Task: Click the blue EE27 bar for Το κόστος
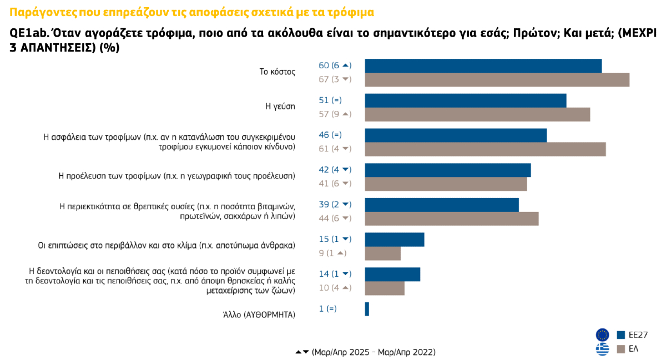coord(483,65)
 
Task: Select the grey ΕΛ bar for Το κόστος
coord(497,80)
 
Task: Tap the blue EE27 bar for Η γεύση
coord(465,100)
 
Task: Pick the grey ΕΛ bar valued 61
coord(485,149)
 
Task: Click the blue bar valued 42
coord(447,170)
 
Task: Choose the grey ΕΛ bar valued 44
coord(451,219)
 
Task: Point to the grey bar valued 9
coord(382,253)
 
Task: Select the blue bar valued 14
coord(392,274)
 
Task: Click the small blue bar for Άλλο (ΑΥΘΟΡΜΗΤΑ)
coord(367,309)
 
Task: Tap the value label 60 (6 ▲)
coord(335,65)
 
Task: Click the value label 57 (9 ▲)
coord(335,114)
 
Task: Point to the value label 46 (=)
coord(330,135)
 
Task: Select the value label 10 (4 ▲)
coord(335,288)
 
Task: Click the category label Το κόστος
coord(277,72)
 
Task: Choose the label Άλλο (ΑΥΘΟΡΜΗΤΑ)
coord(259,315)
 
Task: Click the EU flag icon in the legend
coord(602,335)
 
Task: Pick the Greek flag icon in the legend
coord(602,349)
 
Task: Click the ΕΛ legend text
coord(633,349)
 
